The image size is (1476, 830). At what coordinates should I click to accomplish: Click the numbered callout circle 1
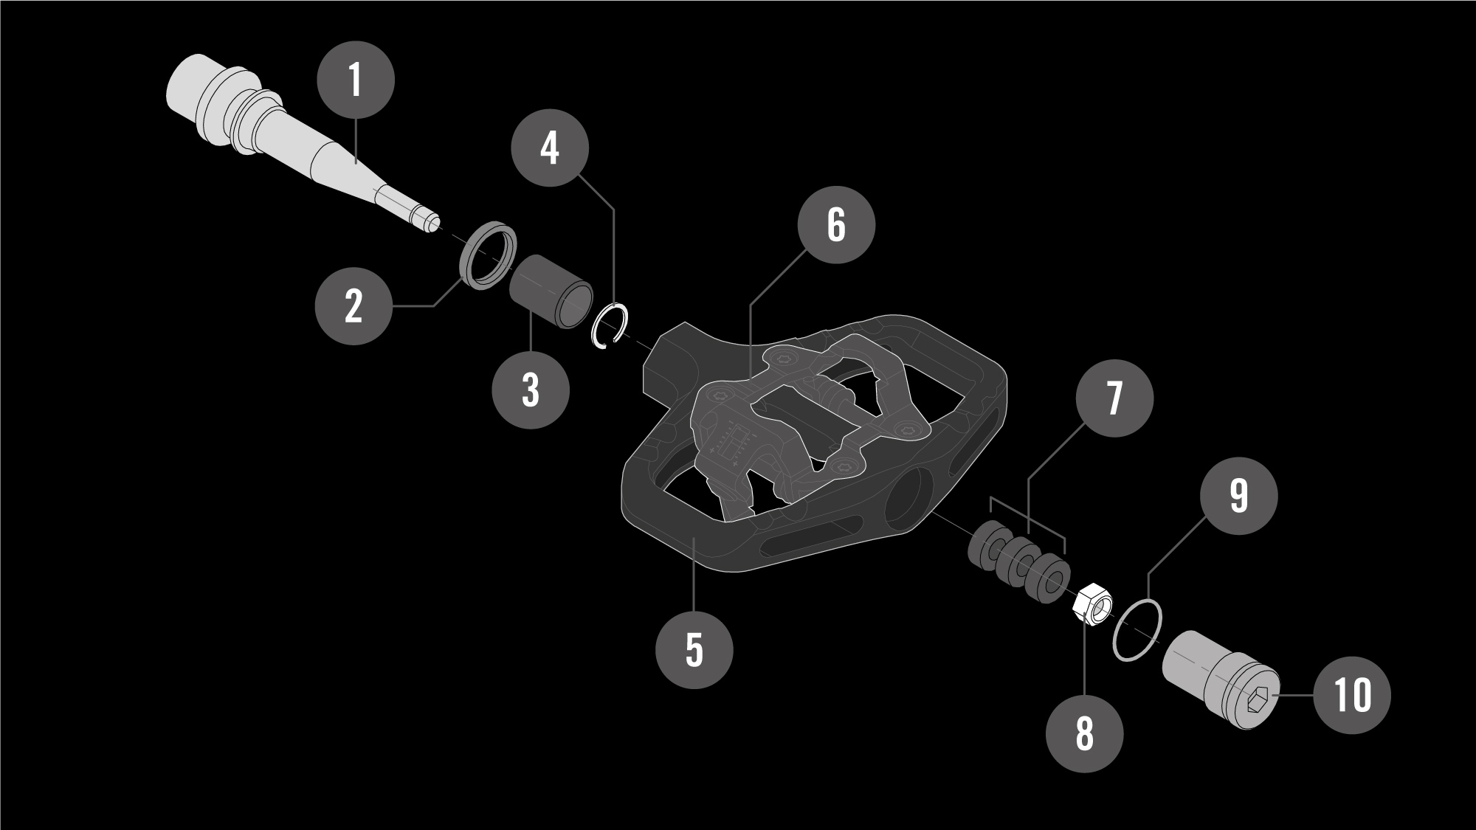coord(356,80)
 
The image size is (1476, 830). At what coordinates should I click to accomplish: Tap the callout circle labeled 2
coord(354,305)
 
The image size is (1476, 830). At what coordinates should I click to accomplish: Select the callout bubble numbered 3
coord(531,390)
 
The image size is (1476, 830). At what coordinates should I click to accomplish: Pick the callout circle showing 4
coord(550,149)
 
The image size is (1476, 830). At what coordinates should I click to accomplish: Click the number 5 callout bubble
coord(694,650)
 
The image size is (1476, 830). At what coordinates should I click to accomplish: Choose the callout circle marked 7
coord(1114,398)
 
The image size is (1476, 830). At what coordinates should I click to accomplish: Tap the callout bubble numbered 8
coord(1084,733)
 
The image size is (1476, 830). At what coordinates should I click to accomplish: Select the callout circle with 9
coord(1239,495)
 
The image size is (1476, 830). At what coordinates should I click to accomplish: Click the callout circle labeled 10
coord(1352,695)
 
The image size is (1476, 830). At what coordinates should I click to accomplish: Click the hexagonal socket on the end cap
coord(1258,698)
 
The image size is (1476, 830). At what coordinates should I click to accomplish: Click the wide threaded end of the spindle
coord(192,92)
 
